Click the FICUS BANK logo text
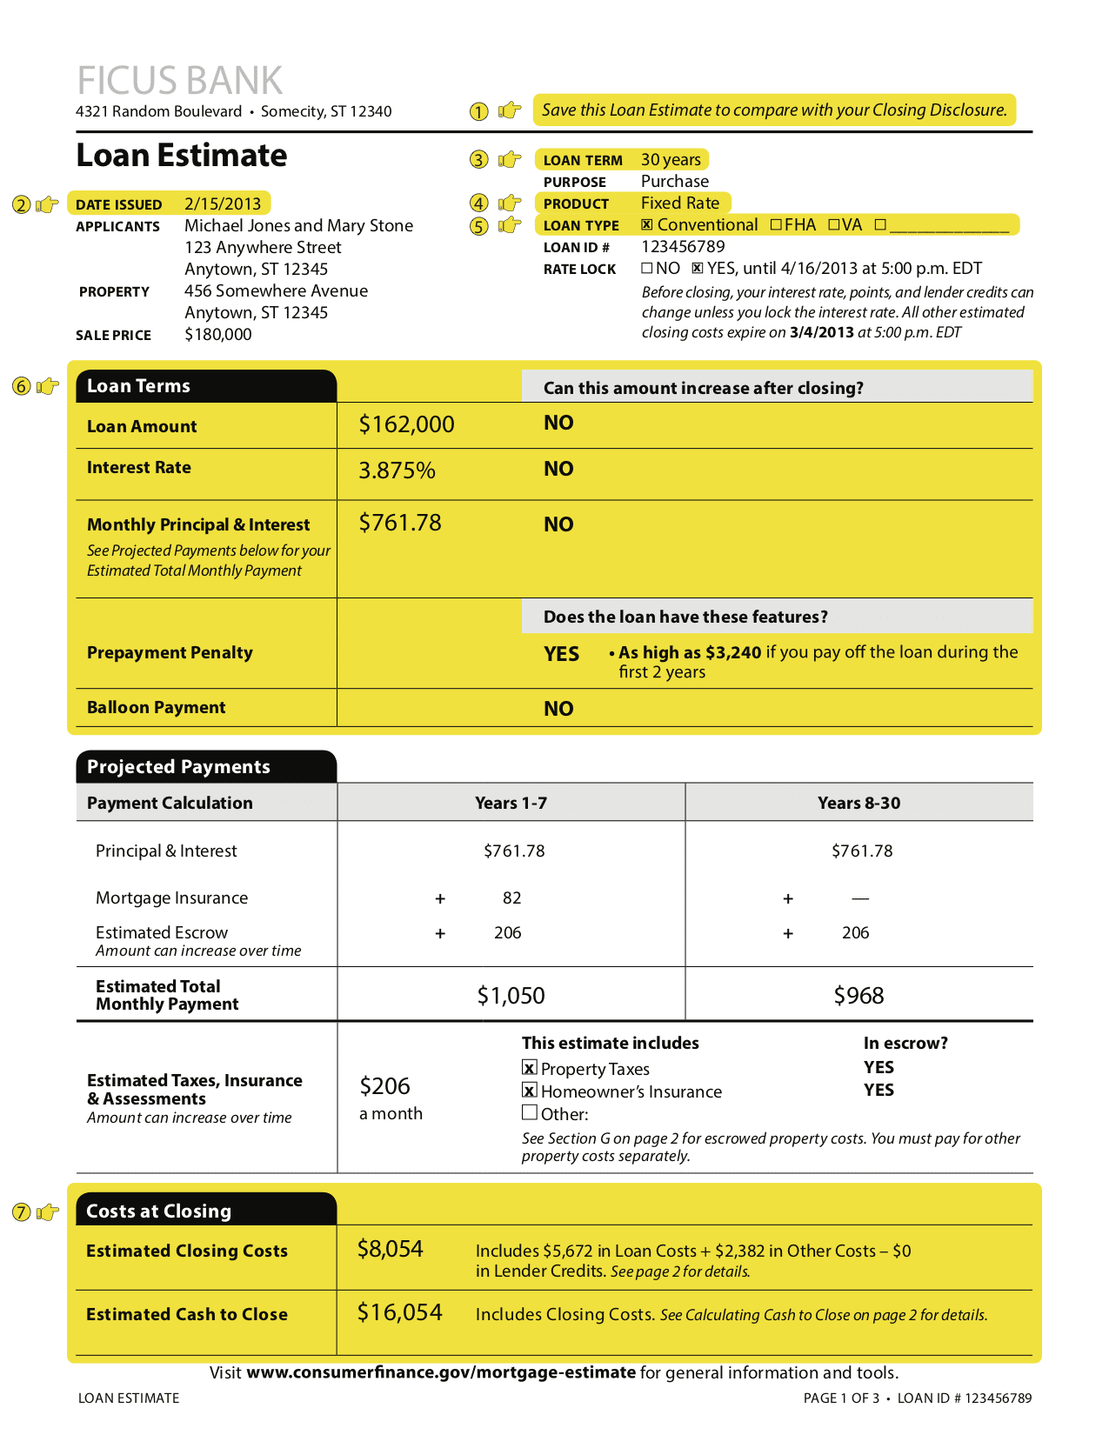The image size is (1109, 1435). point(179,80)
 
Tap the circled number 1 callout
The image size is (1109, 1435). point(478,111)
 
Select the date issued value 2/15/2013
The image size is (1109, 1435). point(223,204)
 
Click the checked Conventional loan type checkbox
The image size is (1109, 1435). point(647,224)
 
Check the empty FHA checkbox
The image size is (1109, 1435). point(776,224)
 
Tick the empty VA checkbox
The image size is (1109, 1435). point(833,224)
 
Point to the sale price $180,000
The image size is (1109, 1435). point(218,335)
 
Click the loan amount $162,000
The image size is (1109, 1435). point(406,424)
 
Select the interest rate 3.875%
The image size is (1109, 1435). point(397,471)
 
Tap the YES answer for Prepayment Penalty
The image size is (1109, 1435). point(561,654)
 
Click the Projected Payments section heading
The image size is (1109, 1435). point(178,767)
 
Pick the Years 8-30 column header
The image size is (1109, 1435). point(858,803)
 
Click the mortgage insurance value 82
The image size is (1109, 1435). point(511,898)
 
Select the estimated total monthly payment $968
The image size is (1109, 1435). point(858,996)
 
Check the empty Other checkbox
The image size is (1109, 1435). point(530,1112)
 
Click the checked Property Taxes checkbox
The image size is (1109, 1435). point(530,1067)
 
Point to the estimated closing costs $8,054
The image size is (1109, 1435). point(390,1249)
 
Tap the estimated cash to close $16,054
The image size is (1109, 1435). point(399,1312)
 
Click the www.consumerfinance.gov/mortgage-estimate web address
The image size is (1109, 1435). point(441,1372)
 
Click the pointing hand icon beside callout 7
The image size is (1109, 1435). point(49,1211)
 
